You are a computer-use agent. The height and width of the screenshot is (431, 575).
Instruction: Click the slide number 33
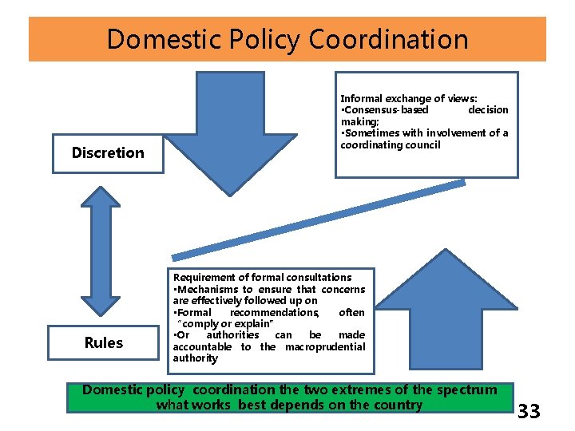[x=529, y=412]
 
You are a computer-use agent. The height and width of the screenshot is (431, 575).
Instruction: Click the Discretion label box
[x=108, y=152]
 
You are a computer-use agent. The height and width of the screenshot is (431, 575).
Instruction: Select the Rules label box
[x=104, y=342]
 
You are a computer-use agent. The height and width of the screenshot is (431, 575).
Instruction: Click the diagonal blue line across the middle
[x=319, y=219]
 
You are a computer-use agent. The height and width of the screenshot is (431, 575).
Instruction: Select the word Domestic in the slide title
[x=160, y=39]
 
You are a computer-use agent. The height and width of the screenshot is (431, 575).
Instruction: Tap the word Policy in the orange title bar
[x=260, y=39]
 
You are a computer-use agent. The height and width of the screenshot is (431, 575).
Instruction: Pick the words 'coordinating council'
[x=390, y=144]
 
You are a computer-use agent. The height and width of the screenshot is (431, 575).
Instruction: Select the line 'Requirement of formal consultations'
[x=262, y=277]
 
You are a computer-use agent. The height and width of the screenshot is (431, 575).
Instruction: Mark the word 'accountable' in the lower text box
[x=202, y=346]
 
